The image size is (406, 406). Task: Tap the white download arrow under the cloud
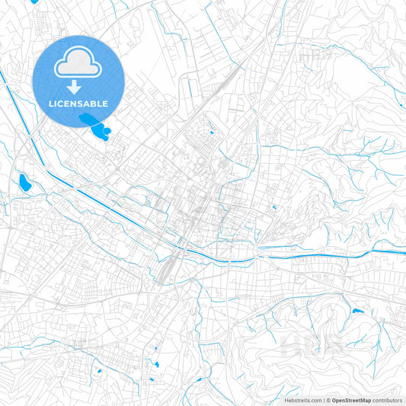click(x=78, y=86)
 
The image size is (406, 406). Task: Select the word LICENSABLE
click(x=78, y=103)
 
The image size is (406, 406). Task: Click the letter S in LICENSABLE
click(x=83, y=103)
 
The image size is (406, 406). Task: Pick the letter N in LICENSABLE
click(x=77, y=103)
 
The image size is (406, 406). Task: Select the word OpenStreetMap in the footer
click(x=352, y=400)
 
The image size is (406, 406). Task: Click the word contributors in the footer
click(x=388, y=400)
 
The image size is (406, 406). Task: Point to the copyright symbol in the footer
click(x=328, y=400)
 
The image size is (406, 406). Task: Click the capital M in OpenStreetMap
click(x=365, y=400)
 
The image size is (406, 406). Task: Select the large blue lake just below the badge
click(x=91, y=123)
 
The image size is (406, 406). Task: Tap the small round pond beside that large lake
click(x=107, y=131)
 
